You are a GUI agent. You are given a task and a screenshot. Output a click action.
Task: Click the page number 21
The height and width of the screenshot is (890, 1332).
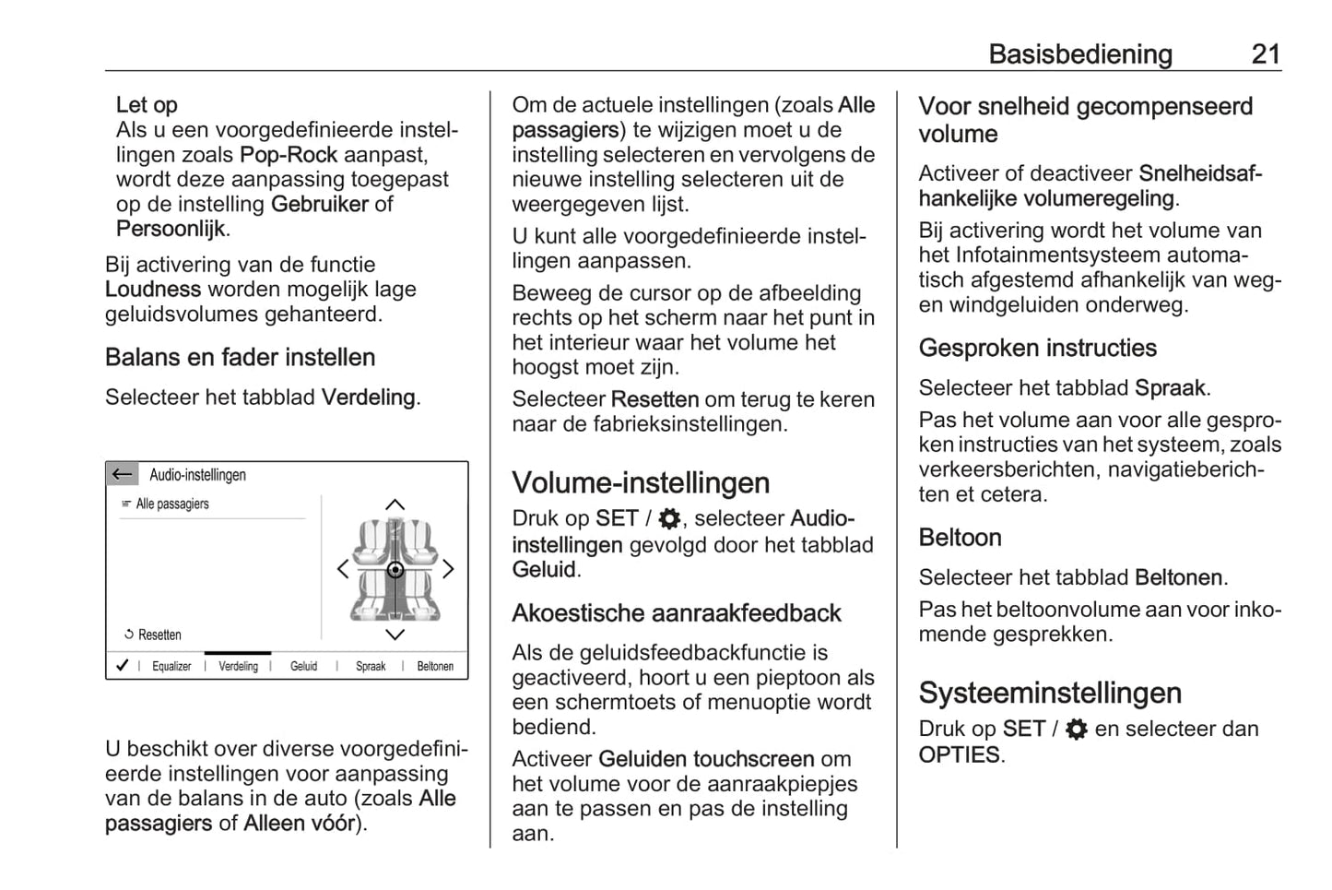click(x=1265, y=54)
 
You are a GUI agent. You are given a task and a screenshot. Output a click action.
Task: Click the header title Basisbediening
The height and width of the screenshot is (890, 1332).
click(x=1079, y=54)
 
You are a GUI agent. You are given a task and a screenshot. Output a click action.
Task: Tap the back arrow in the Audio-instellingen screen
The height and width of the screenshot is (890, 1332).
click(x=122, y=475)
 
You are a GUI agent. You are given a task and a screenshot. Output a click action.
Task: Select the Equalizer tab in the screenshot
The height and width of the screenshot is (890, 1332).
click(x=171, y=666)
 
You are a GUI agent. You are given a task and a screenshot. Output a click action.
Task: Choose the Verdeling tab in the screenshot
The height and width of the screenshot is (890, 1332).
click(x=238, y=666)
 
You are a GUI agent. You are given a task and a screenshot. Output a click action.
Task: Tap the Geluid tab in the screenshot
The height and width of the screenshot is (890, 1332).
click(x=303, y=666)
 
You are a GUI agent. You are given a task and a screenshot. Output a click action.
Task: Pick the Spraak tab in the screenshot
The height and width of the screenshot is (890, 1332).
click(x=371, y=666)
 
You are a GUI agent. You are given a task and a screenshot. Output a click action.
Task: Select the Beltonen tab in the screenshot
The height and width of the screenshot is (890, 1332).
click(x=435, y=666)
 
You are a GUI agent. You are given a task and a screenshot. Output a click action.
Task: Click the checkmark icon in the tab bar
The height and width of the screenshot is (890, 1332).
click(x=122, y=665)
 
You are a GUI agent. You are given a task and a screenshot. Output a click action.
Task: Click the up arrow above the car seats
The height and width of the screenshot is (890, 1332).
click(x=395, y=504)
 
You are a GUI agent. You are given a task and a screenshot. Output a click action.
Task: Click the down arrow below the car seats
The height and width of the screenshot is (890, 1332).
click(x=395, y=635)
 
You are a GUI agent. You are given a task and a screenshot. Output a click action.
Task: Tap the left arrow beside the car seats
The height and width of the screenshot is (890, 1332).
click(x=343, y=569)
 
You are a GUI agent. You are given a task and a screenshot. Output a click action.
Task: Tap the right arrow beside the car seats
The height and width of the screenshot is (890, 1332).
click(x=449, y=569)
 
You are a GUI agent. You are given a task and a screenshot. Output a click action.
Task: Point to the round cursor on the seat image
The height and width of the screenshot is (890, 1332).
click(x=395, y=570)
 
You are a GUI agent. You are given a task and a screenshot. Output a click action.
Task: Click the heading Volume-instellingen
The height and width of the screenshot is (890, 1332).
click(x=641, y=483)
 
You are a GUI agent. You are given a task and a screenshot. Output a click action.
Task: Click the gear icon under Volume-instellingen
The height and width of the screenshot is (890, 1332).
click(x=669, y=518)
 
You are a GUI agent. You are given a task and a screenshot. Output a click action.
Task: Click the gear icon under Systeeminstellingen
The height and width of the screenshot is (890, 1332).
click(x=1076, y=730)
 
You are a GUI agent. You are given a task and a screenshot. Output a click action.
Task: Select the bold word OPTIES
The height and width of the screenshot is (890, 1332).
click(x=959, y=754)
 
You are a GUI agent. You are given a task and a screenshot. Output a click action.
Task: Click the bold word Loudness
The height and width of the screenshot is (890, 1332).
click(x=153, y=290)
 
